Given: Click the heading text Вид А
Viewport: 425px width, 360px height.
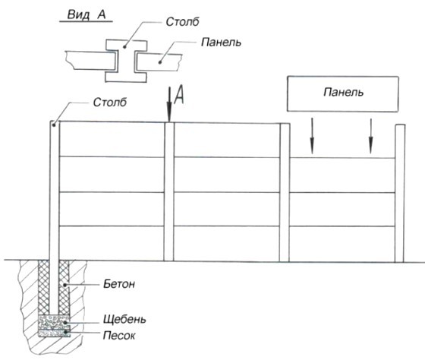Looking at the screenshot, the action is pyautogui.click(x=87, y=14).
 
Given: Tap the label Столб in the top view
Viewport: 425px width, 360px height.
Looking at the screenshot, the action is pyautogui.click(x=182, y=22).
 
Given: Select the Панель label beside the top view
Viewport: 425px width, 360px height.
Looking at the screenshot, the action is pyautogui.click(x=221, y=43).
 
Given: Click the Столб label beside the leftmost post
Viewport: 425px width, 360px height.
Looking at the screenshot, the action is pyautogui.click(x=110, y=103).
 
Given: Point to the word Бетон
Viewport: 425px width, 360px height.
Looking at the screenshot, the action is pyautogui.click(x=119, y=284).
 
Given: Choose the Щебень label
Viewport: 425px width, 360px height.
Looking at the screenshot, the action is pyautogui.click(x=124, y=320).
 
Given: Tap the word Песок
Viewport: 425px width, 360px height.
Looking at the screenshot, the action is pyautogui.click(x=119, y=336).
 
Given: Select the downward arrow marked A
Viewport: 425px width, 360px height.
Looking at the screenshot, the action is pyautogui.click(x=169, y=105).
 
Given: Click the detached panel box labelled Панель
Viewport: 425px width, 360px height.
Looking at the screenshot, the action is pyautogui.click(x=343, y=94).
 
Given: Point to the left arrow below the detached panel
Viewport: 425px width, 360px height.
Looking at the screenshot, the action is pyautogui.click(x=312, y=136).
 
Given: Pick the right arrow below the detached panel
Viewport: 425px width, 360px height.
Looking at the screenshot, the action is pyautogui.click(x=371, y=136).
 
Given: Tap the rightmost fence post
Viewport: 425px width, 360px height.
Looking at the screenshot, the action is pyautogui.click(x=400, y=194).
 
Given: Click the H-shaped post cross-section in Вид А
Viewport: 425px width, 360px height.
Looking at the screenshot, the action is pyautogui.click(x=126, y=61).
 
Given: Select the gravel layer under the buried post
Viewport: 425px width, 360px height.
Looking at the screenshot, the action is pyautogui.click(x=54, y=322).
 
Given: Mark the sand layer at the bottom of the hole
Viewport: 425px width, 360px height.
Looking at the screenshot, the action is pyautogui.click(x=54, y=333).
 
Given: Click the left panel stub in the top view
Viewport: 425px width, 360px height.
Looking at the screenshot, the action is pyautogui.click(x=91, y=60).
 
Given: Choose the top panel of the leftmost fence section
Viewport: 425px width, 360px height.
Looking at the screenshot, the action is pyautogui.click(x=112, y=140).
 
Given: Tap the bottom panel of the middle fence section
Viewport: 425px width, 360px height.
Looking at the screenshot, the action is pyautogui.click(x=227, y=244).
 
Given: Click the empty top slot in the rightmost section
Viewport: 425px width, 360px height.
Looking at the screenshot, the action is pyautogui.click(x=342, y=141).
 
